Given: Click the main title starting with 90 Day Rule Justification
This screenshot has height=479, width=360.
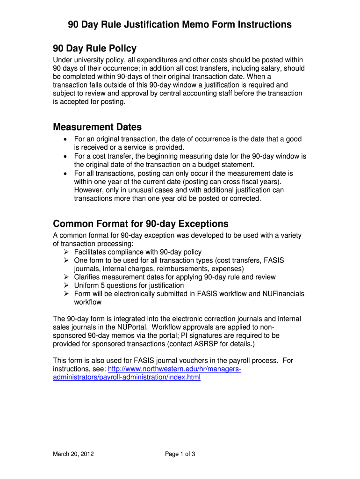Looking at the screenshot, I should (x=180, y=24).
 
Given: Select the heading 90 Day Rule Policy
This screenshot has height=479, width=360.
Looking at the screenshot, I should (x=94, y=48).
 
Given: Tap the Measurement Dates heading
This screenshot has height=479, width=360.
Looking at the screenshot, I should (x=97, y=127).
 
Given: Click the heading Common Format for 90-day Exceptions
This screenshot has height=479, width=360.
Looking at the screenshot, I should (x=140, y=223).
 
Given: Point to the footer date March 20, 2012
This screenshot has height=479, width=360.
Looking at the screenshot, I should (x=73, y=454).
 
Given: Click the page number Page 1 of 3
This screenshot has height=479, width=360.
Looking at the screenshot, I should (x=180, y=454).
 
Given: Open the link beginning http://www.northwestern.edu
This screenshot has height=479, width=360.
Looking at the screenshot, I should (x=174, y=369).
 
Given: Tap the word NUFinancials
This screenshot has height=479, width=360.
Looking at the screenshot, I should (x=280, y=294).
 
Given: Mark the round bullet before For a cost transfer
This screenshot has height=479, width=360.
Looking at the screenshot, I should (x=65, y=156).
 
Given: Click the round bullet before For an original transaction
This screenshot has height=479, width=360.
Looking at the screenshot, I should (x=65, y=139).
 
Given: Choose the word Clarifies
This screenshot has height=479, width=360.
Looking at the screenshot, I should (x=89, y=277).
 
